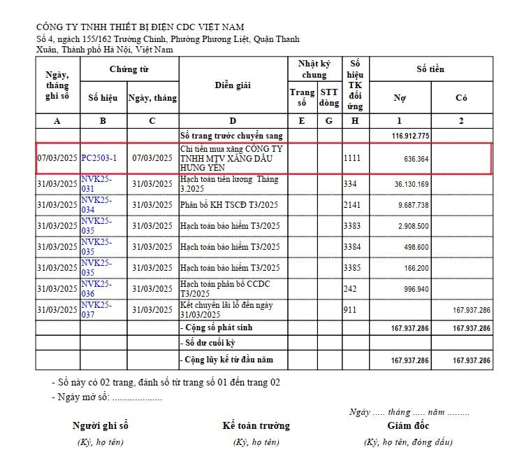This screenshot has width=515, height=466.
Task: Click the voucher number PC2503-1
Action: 99,158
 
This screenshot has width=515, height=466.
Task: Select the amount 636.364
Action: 416,159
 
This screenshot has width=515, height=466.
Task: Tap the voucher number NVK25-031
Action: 96,184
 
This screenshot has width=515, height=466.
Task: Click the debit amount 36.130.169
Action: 412,184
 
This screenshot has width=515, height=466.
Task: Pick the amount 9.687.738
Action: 413,205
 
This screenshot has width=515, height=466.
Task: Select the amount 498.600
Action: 416,247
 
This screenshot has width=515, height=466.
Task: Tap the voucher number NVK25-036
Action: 96,289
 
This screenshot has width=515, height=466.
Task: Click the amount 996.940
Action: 416,289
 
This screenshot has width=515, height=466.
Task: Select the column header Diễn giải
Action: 233,85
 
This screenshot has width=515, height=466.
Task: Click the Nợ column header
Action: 400,98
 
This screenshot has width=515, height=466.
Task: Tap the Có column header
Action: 461,98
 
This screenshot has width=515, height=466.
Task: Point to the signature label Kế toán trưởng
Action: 256,425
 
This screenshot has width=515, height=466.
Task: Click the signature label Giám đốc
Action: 408,425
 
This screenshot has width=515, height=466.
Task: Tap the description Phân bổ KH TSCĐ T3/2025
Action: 229,205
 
